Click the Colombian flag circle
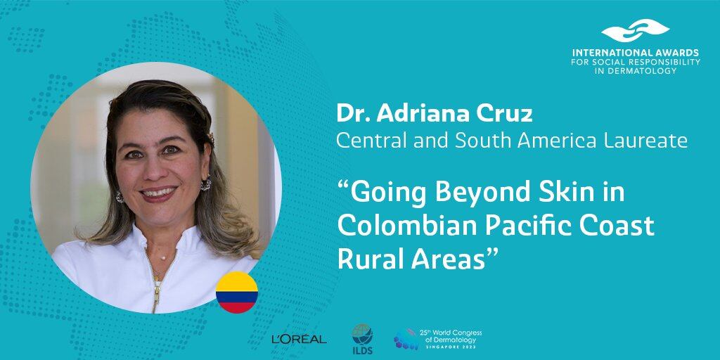pyautogui.click(x=237, y=292)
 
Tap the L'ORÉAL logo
pyautogui.click(x=299, y=339)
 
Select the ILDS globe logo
pyautogui.click(x=363, y=336)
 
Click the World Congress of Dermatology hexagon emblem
pyautogui.click(x=406, y=340)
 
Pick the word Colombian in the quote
pyautogui.click(x=406, y=226)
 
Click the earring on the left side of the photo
pyautogui.click(x=120, y=196)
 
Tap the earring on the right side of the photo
pyautogui.click(x=205, y=184)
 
